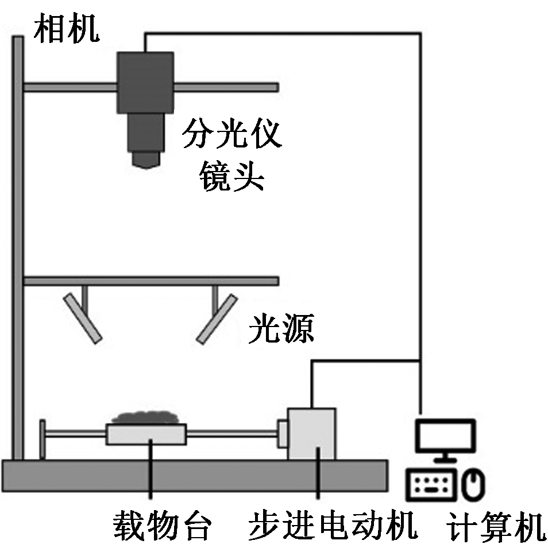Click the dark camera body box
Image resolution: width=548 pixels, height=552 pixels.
point(145,81)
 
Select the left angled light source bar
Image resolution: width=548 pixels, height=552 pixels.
point(83,318)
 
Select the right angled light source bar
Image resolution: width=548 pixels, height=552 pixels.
point(217,319)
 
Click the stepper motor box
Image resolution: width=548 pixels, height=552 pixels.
point(311,434)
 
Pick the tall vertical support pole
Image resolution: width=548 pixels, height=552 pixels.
point(18,247)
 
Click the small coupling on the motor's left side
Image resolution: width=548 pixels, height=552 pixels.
point(283,433)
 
